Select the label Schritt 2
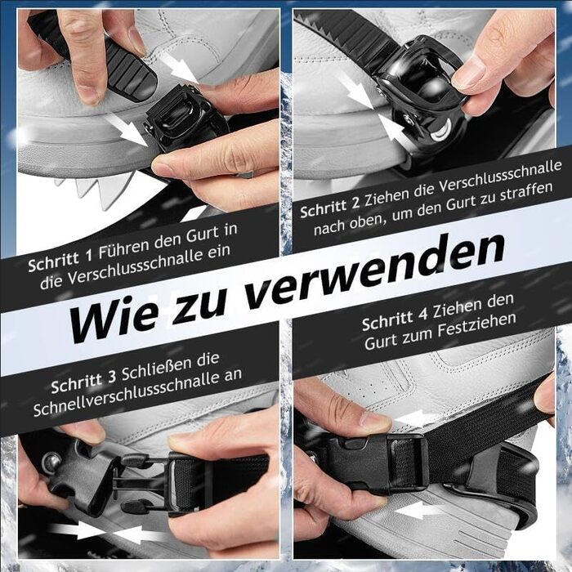pyautogui.click(x=330, y=207)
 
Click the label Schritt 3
pyautogui.click(x=83, y=382)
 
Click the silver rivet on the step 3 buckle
pyautogui.click(x=51, y=463)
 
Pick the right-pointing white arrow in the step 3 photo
pyautogui.click(x=76, y=530)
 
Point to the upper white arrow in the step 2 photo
pyautogui.click(x=356, y=90)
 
